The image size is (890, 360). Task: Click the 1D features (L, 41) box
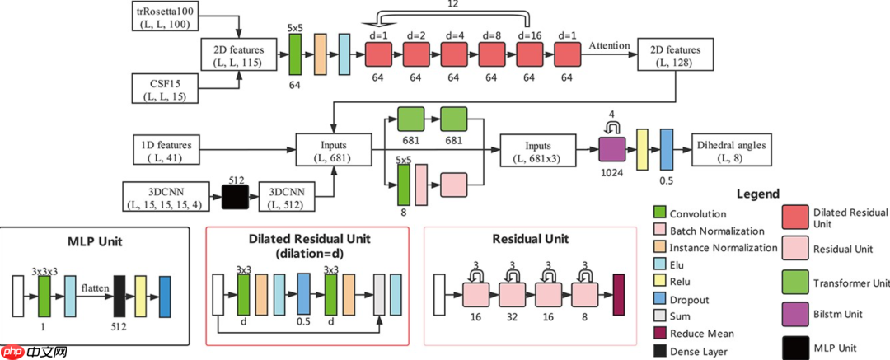click(167, 150)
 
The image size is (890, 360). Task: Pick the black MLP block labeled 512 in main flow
click(235, 196)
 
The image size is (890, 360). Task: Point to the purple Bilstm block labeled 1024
click(611, 149)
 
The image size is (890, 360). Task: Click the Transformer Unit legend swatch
click(800, 282)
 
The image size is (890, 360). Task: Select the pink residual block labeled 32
click(512, 295)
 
